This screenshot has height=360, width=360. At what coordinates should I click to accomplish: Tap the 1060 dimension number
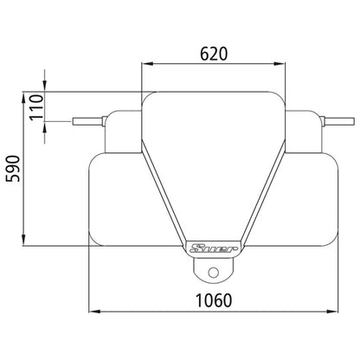[x=215, y=300]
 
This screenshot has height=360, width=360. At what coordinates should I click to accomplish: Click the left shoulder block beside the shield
[x=123, y=130]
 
